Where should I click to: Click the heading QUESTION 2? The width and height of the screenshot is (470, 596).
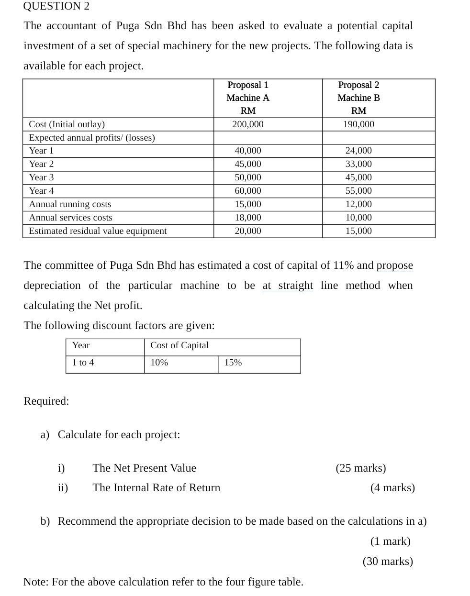[x=56, y=6]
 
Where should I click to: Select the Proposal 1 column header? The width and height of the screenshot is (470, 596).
[x=247, y=85]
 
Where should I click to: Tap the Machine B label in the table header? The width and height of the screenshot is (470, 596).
[x=358, y=98]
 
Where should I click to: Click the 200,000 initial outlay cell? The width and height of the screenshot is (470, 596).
[x=247, y=124]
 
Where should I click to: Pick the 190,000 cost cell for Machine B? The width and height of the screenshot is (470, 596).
[x=358, y=124]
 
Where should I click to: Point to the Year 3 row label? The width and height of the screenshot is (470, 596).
[x=41, y=177]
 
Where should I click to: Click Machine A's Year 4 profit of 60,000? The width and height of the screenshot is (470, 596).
[x=247, y=191]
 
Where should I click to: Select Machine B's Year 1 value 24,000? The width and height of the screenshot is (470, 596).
[x=358, y=151]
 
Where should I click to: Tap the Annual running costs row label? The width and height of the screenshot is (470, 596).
[x=70, y=204]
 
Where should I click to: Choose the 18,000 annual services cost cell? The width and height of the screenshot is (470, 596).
[x=247, y=218]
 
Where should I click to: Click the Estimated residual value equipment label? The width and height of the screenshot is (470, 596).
[x=98, y=231]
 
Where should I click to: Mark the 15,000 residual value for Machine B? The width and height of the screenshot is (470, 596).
[x=358, y=231]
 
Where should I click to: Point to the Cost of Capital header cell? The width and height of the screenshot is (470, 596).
[x=179, y=345]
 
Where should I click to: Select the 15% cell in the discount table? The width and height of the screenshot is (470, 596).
[x=233, y=363]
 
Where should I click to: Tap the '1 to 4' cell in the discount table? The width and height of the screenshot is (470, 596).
[x=83, y=363]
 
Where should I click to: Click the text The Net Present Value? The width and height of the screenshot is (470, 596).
[x=144, y=468]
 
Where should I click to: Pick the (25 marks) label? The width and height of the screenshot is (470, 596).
[x=360, y=468]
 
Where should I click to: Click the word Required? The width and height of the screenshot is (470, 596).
[x=46, y=401]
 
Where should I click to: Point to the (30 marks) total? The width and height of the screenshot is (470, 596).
[x=388, y=562]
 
